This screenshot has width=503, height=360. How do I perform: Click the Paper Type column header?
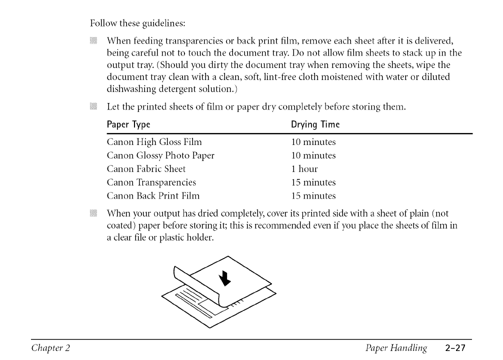tap(128, 124)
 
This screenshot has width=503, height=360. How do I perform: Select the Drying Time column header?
tap(315, 124)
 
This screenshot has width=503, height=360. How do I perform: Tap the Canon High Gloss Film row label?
tap(154, 142)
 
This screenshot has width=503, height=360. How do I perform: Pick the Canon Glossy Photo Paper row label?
tap(160, 155)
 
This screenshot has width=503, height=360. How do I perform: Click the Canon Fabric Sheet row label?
tap(146, 169)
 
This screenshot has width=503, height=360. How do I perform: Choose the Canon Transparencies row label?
tap(151, 182)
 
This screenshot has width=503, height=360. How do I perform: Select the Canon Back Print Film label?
tap(153, 196)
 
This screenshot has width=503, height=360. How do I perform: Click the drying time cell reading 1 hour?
tap(304, 169)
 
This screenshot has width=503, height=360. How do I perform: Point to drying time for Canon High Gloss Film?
tap(313, 142)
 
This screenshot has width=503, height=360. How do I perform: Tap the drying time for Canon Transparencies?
tap(313, 182)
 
